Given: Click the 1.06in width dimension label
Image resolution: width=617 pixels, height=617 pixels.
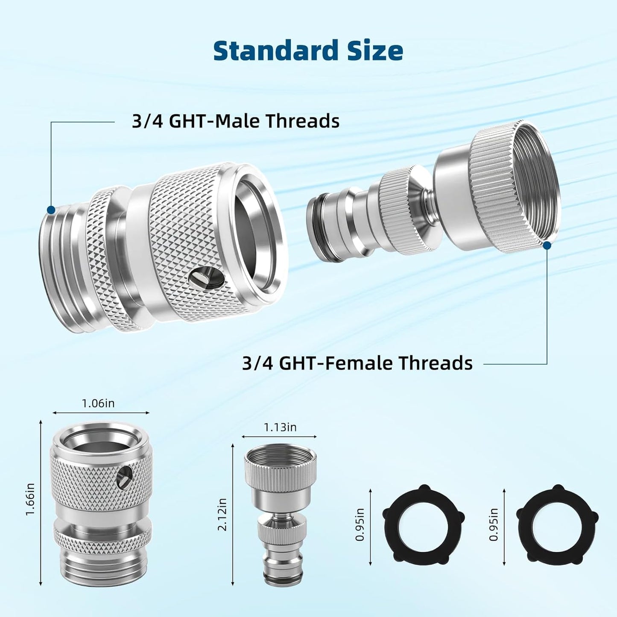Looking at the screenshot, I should coord(98,403).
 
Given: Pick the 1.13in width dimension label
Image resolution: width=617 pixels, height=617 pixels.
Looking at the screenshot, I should coord(280,427).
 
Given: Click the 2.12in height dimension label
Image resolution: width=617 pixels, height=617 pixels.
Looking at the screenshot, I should coord(222,515).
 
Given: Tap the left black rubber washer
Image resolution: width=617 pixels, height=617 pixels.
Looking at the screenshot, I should coord(423,523).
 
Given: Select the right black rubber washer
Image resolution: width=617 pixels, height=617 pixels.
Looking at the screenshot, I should coord(557,523).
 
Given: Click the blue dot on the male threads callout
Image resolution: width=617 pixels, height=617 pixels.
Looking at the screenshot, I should coord(51,210).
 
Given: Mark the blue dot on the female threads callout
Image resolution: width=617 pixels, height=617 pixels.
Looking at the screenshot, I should coord(547,245).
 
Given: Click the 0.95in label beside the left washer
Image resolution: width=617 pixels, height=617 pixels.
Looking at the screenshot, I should coord(360,524).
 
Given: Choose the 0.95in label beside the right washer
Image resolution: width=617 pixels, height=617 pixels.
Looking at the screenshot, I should coord(494,524).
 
